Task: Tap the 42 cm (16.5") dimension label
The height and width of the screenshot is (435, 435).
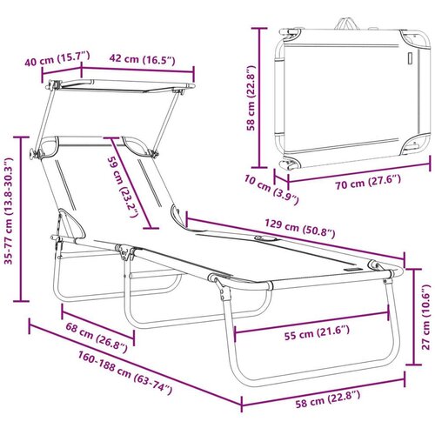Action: coord(142,59)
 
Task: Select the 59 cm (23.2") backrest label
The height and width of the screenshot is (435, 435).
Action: coord(122,188)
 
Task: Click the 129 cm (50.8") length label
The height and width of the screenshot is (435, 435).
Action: coord(300,229)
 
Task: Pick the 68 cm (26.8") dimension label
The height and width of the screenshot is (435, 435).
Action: coord(97,338)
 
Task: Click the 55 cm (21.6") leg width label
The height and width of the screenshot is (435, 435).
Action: coord(317,332)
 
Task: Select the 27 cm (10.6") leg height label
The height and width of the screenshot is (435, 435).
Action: coord(425,317)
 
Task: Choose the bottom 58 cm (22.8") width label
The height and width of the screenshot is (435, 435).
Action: coord(328,399)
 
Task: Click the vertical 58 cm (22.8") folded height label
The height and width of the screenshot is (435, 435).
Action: coord(251,97)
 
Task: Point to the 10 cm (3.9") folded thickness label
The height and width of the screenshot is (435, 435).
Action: coord(271,190)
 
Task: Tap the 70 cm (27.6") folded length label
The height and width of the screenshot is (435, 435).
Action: coord(368,182)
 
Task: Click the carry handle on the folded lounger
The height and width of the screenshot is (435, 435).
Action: coord(347,24)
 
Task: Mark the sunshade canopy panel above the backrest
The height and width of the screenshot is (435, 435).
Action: coord(122,86)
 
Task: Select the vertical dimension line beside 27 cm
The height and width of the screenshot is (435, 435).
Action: coord(413,317)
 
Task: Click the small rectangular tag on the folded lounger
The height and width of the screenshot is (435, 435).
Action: coord(410,58)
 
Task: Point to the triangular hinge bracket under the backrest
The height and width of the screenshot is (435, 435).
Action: coord(71,224)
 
